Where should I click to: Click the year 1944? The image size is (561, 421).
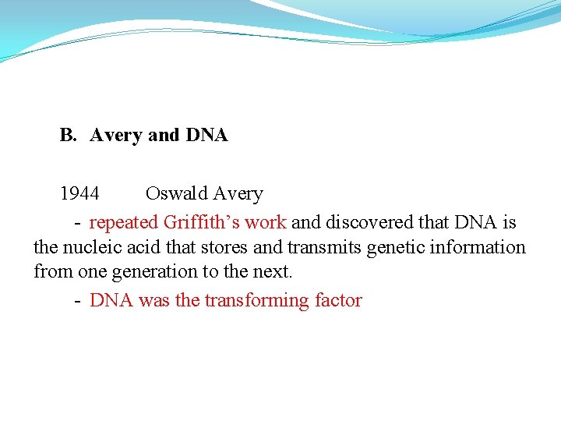point(79,193)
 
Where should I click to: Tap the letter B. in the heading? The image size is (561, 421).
point(68,136)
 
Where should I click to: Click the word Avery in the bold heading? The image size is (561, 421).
point(116,136)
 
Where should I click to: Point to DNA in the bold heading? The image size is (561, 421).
point(206,136)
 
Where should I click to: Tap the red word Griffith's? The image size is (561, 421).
point(202,222)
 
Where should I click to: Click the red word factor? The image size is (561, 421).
point(338,300)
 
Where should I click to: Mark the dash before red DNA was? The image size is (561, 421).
point(79,301)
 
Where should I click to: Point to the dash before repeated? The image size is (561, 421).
point(79,223)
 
